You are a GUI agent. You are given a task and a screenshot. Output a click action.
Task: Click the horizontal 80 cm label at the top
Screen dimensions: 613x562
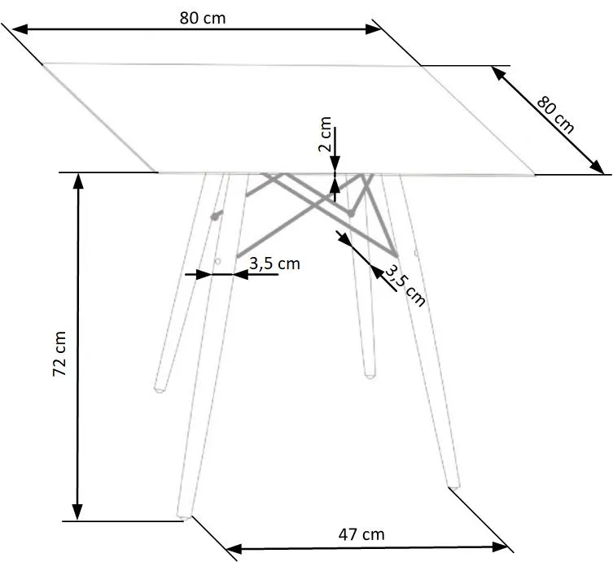(203, 18)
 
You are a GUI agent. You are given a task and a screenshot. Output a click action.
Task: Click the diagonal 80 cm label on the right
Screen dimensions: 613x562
(555, 115)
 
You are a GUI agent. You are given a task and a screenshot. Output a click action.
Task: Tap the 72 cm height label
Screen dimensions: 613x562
(59, 354)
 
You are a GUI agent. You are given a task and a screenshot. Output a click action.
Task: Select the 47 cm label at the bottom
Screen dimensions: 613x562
(361, 534)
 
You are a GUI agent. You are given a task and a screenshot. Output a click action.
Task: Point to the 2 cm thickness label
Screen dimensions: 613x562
(325, 134)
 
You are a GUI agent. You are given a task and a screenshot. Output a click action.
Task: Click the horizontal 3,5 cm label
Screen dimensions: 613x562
(274, 264)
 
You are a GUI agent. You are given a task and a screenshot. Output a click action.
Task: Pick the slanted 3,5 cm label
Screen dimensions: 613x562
(405, 286)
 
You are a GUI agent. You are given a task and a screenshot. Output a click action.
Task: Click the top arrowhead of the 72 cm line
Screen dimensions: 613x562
(78, 181)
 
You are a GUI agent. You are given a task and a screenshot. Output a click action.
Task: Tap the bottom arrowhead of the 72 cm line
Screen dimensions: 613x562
(78, 512)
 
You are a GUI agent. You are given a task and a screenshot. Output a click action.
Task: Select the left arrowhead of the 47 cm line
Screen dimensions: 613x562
(234, 549)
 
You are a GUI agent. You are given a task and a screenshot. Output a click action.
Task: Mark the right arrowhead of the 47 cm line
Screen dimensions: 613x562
(500, 547)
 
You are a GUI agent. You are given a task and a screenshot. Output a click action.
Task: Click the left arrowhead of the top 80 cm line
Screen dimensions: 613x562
(20, 29)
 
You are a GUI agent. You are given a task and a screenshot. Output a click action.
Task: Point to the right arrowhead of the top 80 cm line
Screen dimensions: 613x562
(374, 29)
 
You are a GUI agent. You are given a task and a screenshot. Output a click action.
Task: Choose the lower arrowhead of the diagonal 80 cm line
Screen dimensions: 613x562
(597, 166)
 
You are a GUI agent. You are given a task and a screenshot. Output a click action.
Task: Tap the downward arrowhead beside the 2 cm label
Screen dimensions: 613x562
(335, 163)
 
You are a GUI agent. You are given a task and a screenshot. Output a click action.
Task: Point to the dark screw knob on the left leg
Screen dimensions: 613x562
(216, 216)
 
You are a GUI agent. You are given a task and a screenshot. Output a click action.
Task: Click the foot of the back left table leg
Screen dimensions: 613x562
(160, 388)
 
